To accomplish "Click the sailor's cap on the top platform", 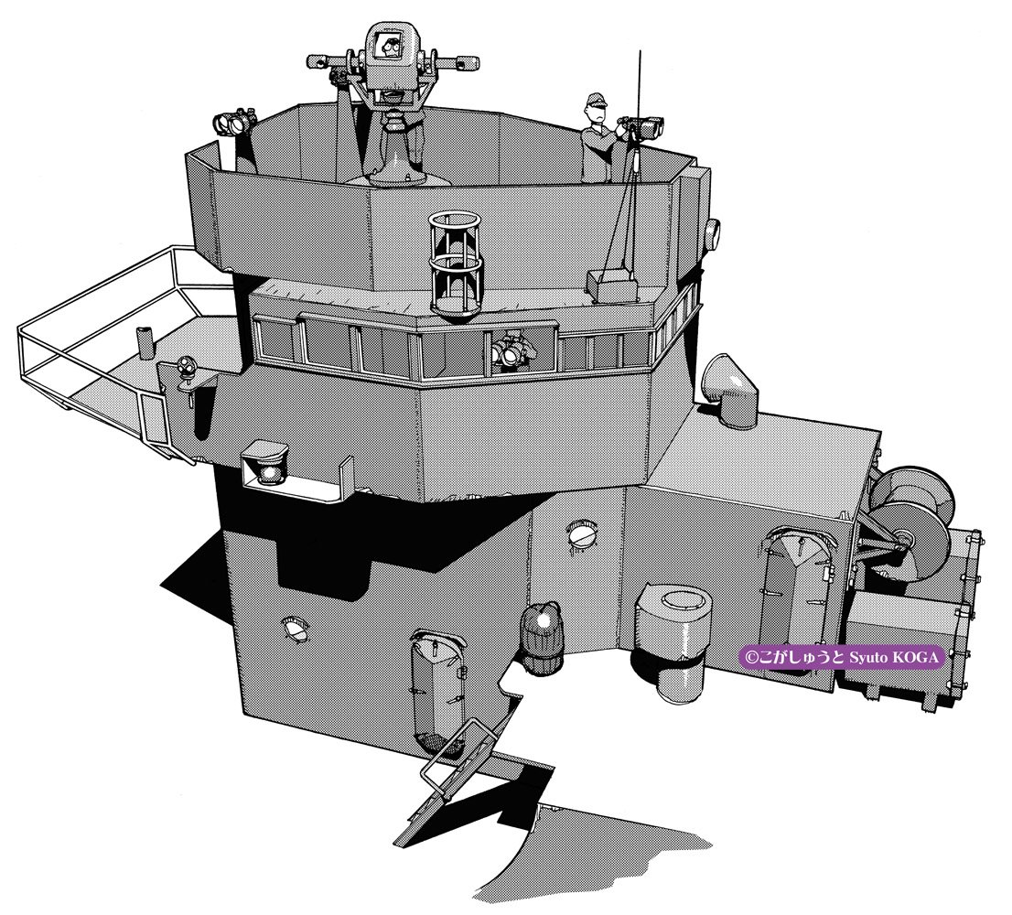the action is (597, 100).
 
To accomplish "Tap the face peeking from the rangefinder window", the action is (389, 47).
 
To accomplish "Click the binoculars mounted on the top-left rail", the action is (234, 121).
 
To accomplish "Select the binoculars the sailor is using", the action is (641, 125).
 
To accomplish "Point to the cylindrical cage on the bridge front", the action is (456, 264).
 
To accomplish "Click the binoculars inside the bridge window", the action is (513, 351).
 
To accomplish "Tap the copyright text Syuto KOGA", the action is (894, 658).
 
